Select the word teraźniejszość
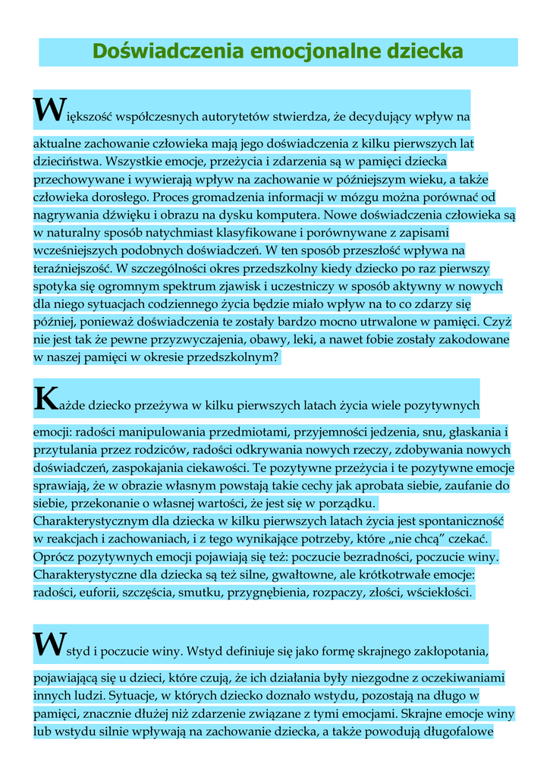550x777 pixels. click(x=71, y=268)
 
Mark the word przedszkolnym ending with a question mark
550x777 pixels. click(x=234, y=357)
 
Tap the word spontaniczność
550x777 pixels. click(x=460, y=521)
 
